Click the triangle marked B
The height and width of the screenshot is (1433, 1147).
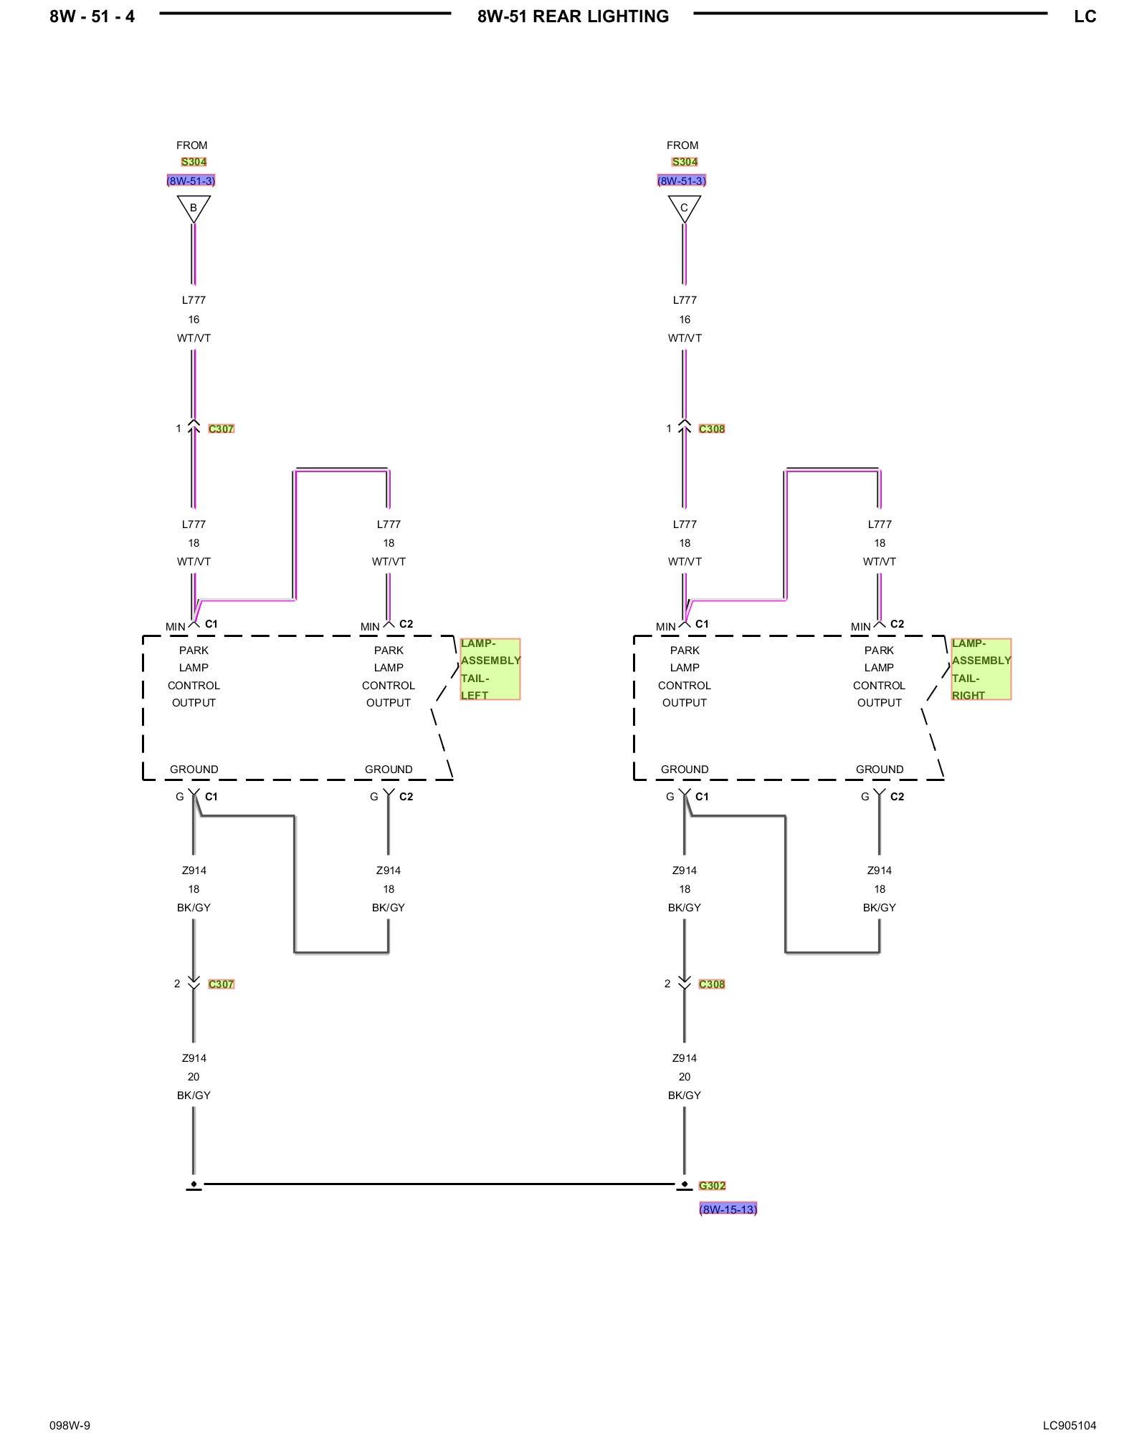click(193, 208)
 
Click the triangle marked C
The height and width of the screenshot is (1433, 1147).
click(684, 208)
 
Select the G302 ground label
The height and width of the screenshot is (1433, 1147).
click(712, 1186)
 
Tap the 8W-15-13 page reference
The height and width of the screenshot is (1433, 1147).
click(728, 1209)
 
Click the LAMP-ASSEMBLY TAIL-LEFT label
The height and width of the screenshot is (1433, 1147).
click(490, 669)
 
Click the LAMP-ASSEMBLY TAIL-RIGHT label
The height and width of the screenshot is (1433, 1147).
click(981, 669)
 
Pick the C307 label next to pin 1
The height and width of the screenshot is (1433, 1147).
click(221, 429)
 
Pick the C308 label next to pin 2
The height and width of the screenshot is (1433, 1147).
click(712, 984)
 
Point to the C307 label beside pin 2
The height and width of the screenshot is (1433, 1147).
click(221, 984)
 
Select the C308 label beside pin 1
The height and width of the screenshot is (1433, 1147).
click(712, 429)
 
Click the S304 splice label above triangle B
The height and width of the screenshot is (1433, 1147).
click(194, 162)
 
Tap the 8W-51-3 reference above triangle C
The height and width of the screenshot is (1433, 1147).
click(682, 181)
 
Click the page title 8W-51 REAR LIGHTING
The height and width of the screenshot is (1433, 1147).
click(573, 16)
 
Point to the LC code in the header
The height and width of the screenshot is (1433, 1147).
click(1085, 16)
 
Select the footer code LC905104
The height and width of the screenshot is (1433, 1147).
click(1069, 1406)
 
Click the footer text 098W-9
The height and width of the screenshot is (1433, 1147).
click(70, 1406)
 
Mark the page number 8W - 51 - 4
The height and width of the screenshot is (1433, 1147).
click(92, 16)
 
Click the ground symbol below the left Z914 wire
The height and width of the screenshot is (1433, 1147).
click(194, 1186)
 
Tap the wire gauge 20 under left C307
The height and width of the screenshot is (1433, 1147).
click(194, 1077)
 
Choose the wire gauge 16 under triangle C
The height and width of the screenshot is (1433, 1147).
click(685, 320)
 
